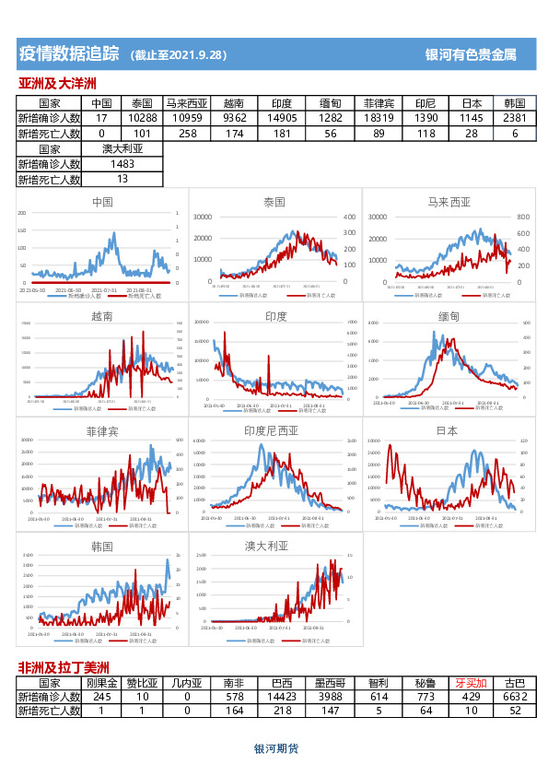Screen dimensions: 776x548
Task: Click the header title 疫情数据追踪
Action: pyautogui.click(x=70, y=54)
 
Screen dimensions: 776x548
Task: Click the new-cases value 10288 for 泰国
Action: pyautogui.click(x=142, y=118)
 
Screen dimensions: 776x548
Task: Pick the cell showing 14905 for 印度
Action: pyautogui.click(x=281, y=118)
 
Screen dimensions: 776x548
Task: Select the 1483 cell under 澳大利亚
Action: pyautogui.click(x=122, y=163)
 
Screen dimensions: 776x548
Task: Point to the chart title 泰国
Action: pyautogui.click(x=274, y=201)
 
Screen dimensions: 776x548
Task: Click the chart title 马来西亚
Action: pyautogui.click(x=449, y=201)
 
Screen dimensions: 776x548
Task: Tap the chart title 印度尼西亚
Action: pyautogui.click(x=271, y=430)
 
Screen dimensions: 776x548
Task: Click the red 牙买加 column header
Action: pyautogui.click(x=471, y=684)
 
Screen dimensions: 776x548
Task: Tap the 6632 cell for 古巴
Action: pyautogui.click(x=515, y=697)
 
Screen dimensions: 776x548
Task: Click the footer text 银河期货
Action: pyautogui.click(x=276, y=749)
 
